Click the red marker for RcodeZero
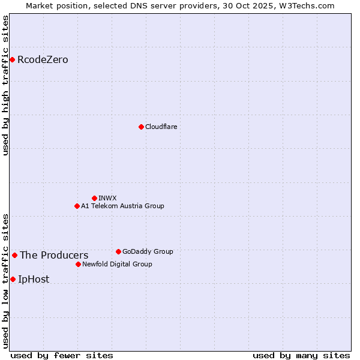tap(12, 59)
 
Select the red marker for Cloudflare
tap(141, 127)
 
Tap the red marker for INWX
tap(94, 198)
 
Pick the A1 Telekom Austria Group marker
tap(77, 206)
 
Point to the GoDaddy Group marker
tap(118, 251)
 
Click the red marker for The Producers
tap(14, 255)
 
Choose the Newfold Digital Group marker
tap(78, 264)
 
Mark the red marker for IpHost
tap(13, 279)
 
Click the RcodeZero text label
tap(43, 59)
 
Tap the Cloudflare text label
tap(161, 127)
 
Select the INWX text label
tap(107, 198)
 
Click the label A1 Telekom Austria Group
tap(122, 206)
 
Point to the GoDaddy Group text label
tap(148, 251)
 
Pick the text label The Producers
tap(54, 255)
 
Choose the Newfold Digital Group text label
tap(117, 264)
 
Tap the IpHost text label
tap(34, 279)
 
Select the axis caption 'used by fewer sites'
tap(62, 355)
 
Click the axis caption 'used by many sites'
tap(301, 355)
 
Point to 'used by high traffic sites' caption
tap(6, 85)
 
